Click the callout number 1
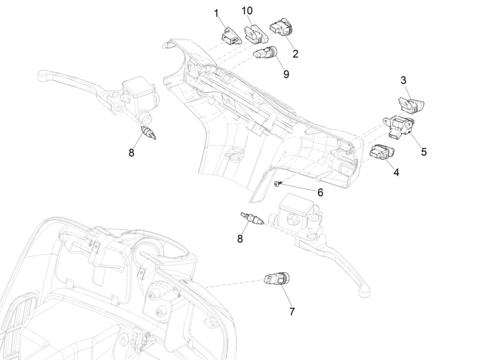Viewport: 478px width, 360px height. (x=216, y=14)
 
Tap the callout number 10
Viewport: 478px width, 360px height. (x=247, y=10)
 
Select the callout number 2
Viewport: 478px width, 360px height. (x=295, y=54)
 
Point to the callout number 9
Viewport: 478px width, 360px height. (x=286, y=74)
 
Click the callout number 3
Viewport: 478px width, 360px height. (x=404, y=80)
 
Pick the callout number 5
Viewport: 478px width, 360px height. (x=424, y=151)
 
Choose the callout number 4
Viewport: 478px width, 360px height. (x=396, y=172)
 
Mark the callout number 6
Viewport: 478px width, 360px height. (x=320, y=192)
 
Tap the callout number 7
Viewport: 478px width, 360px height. (x=292, y=311)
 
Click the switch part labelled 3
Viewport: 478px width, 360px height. (x=413, y=104)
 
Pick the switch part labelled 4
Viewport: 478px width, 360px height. (x=382, y=152)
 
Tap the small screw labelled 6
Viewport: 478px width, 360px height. (x=278, y=183)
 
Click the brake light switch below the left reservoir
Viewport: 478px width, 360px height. (x=148, y=133)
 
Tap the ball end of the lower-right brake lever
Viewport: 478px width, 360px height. (x=363, y=293)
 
